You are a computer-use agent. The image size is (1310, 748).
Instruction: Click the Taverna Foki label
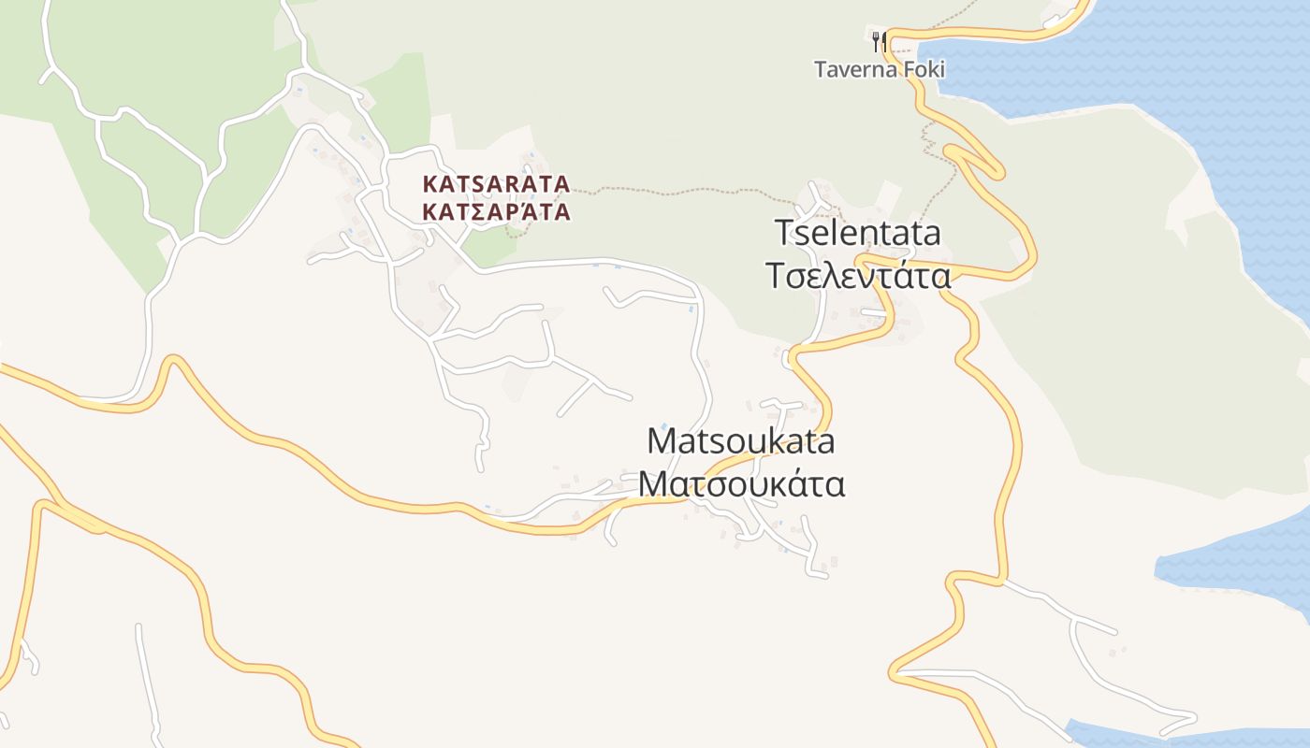pyautogui.click(x=879, y=69)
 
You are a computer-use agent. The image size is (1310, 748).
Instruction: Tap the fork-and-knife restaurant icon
pyautogui.click(x=878, y=41)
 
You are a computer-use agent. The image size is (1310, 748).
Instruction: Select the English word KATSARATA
pyautogui.click(x=496, y=183)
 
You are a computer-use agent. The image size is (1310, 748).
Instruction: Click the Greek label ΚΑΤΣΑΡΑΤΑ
pyautogui.click(x=496, y=212)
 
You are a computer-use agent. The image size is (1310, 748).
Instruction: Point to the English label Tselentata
pyautogui.click(x=858, y=233)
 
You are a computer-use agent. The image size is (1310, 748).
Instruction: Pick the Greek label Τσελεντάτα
pyautogui.click(x=858, y=276)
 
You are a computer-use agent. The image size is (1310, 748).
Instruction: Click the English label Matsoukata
pyautogui.click(x=741, y=441)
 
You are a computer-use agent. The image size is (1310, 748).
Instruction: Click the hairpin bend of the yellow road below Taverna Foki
pyautogui.click(x=997, y=171)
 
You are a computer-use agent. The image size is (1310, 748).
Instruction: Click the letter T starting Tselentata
pyautogui.click(x=784, y=233)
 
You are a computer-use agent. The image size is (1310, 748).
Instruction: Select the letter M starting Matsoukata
pyautogui.click(x=662, y=441)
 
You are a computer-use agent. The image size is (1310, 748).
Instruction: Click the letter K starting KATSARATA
pyautogui.click(x=429, y=183)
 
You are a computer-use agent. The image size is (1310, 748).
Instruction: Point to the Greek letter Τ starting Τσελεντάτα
pyautogui.click(x=776, y=276)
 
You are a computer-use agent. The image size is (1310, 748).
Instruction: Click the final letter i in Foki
pyautogui.click(x=941, y=69)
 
